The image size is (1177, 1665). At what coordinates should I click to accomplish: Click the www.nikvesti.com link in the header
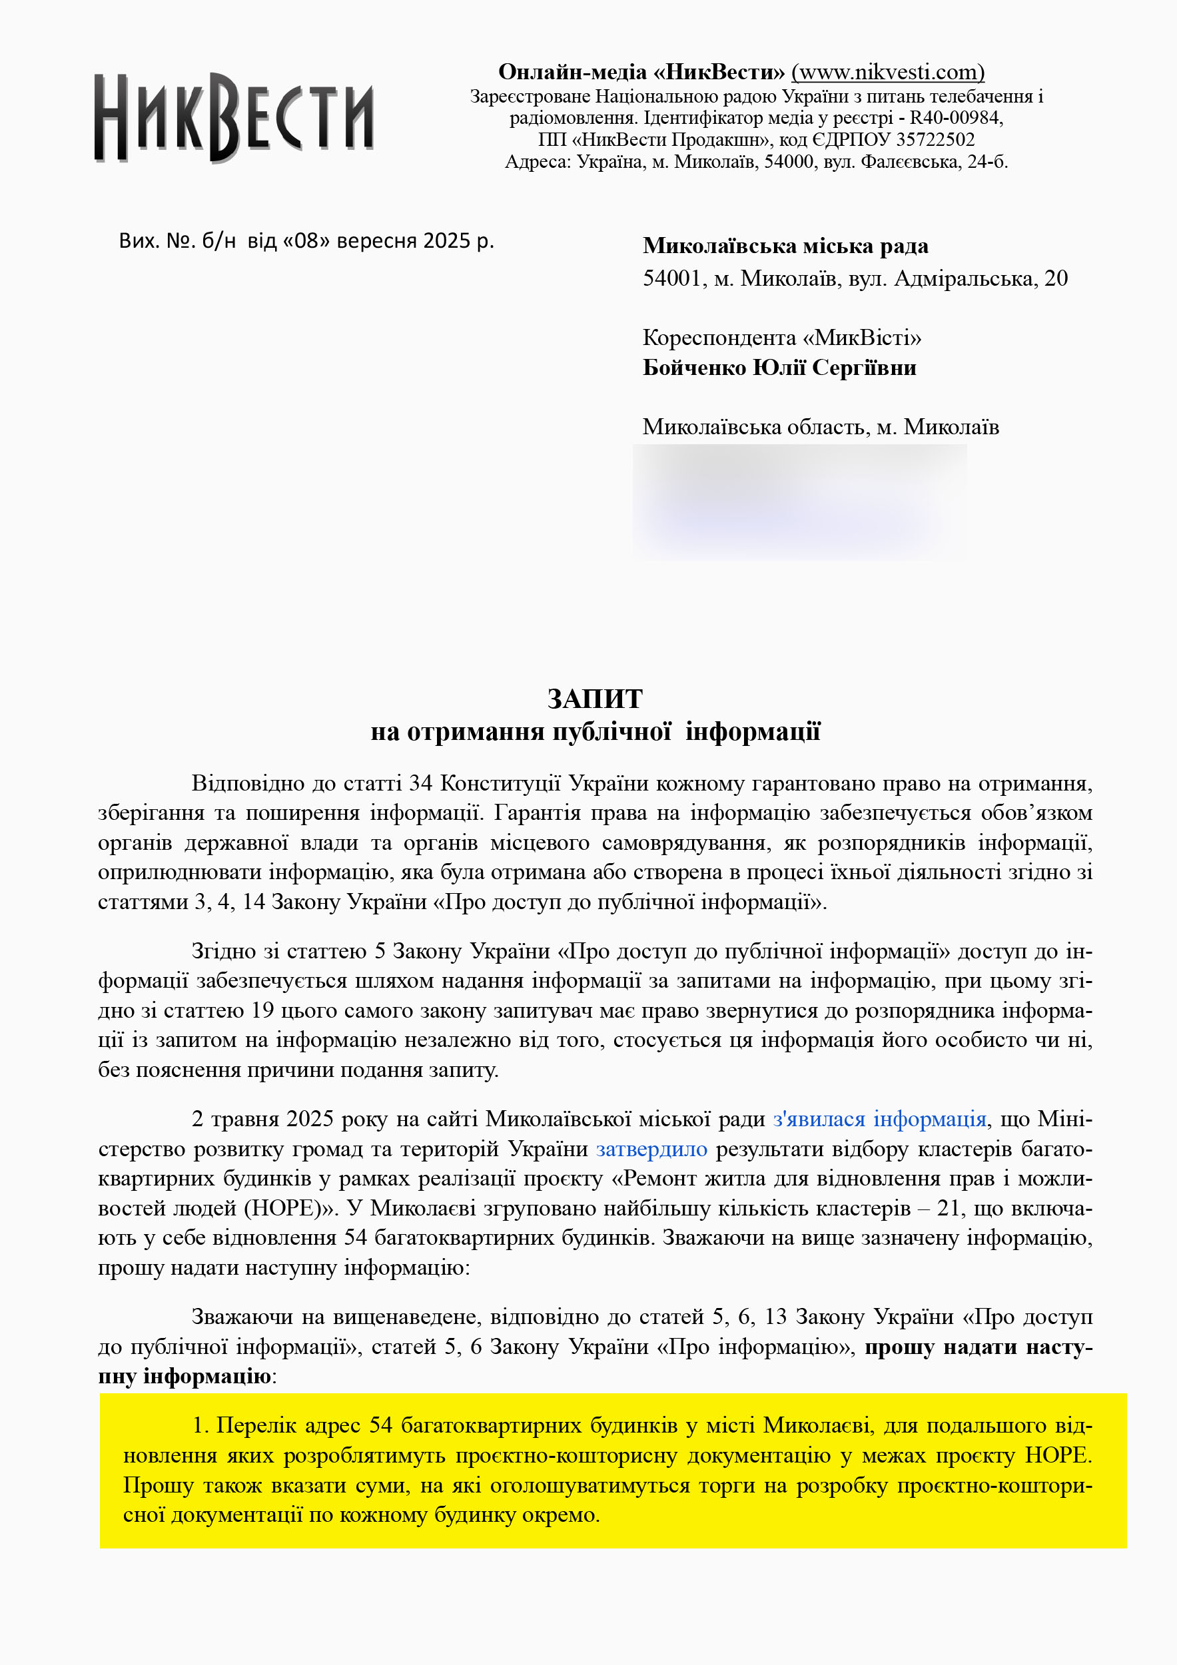pos(887,72)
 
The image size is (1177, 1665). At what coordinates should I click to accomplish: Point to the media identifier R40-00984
pos(955,117)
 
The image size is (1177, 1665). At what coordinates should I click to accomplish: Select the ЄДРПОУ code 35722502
pos(935,139)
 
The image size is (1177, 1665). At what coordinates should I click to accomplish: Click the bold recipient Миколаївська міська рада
pos(785,246)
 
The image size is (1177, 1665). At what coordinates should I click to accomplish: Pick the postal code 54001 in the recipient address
pos(671,278)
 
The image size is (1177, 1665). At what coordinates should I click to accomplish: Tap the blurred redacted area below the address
pos(799,501)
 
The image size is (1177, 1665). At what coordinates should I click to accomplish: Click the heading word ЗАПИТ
pos(595,699)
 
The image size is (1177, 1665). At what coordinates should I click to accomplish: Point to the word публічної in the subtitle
pos(611,732)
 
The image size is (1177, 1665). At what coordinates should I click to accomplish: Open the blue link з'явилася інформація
pos(879,1119)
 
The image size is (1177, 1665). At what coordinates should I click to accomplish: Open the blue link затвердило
pos(651,1149)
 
